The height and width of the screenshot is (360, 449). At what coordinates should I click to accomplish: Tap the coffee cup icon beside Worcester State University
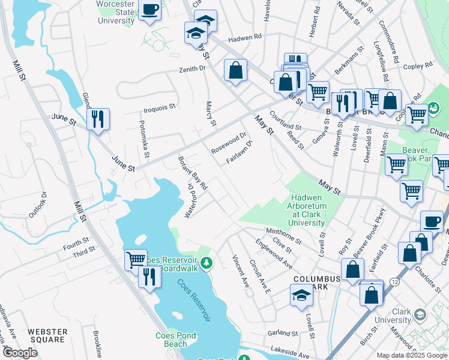149,10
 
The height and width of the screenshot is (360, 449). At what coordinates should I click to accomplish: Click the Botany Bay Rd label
192,173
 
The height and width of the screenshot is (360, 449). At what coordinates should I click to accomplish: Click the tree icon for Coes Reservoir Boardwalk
206,263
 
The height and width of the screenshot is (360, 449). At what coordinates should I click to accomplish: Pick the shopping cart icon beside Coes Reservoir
136,260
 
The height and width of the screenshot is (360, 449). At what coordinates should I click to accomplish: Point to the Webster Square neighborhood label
46,335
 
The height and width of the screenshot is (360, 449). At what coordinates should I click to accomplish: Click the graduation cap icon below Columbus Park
301,295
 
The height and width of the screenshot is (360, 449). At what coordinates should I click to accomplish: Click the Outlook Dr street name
37,205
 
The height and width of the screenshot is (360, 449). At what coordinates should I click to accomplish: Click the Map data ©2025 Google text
411,355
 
